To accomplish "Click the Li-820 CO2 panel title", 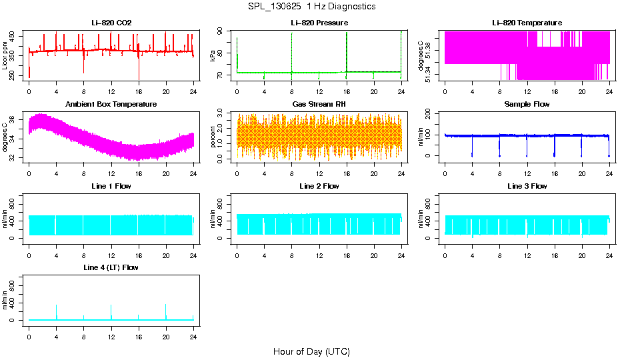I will click(111, 23).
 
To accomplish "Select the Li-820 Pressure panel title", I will click(319, 23).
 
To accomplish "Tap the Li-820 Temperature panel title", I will click(527, 23).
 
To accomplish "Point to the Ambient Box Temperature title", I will click(111, 105).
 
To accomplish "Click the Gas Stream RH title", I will click(319, 105).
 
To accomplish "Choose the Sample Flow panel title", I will click(527, 105).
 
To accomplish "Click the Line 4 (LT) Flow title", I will click(111, 267).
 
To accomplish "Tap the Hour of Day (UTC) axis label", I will click(311, 351).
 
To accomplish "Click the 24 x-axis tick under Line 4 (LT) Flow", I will click(193, 332).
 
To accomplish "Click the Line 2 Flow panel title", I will click(319, 186).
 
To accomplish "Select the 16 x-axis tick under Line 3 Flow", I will click(554, 251).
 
